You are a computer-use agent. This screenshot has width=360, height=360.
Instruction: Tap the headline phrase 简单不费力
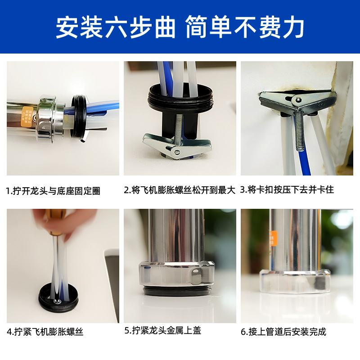[244, 28]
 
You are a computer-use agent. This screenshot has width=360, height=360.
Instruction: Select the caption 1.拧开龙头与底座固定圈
[53, 191]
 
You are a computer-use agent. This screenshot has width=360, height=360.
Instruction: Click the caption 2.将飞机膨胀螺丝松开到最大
[180, 190]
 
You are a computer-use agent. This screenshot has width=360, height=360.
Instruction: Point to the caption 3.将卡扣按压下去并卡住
[287, 189]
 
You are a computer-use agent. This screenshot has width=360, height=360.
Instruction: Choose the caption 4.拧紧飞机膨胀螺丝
[45, 333]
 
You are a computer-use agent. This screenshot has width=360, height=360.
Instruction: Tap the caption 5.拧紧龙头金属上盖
[163, 331]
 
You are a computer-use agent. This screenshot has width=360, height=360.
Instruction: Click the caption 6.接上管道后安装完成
[283, 332]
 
